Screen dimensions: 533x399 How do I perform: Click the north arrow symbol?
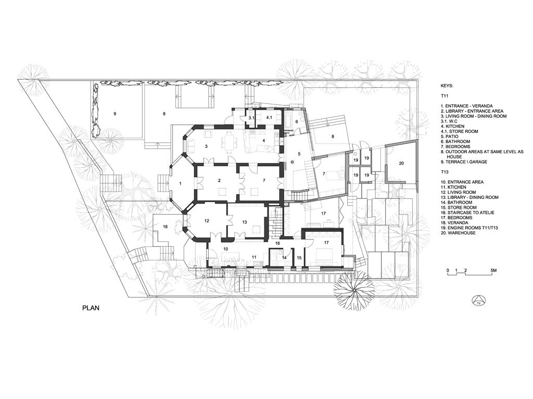479,300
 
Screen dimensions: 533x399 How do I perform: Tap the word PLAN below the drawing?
91,308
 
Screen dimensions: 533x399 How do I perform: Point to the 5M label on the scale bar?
493,270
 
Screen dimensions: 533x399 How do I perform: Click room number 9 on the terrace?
115,114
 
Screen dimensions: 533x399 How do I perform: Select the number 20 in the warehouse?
401,163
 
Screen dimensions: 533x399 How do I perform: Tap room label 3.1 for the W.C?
251,118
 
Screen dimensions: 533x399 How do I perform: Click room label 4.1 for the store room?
269,117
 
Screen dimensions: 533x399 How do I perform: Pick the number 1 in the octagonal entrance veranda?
181,183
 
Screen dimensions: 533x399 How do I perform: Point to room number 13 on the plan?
245,222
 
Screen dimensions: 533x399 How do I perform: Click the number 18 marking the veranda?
165,227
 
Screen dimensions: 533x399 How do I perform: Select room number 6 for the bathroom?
296,122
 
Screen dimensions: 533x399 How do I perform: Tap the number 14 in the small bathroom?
284,258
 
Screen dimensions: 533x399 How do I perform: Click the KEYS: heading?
447,86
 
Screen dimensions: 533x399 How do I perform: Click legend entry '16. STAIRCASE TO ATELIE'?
468,212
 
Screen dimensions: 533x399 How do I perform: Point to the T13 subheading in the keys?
446,172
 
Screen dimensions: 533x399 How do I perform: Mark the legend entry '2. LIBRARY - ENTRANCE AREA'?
472,111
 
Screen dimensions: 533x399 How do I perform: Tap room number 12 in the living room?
207,221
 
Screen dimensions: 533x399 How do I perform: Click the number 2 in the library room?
220,180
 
